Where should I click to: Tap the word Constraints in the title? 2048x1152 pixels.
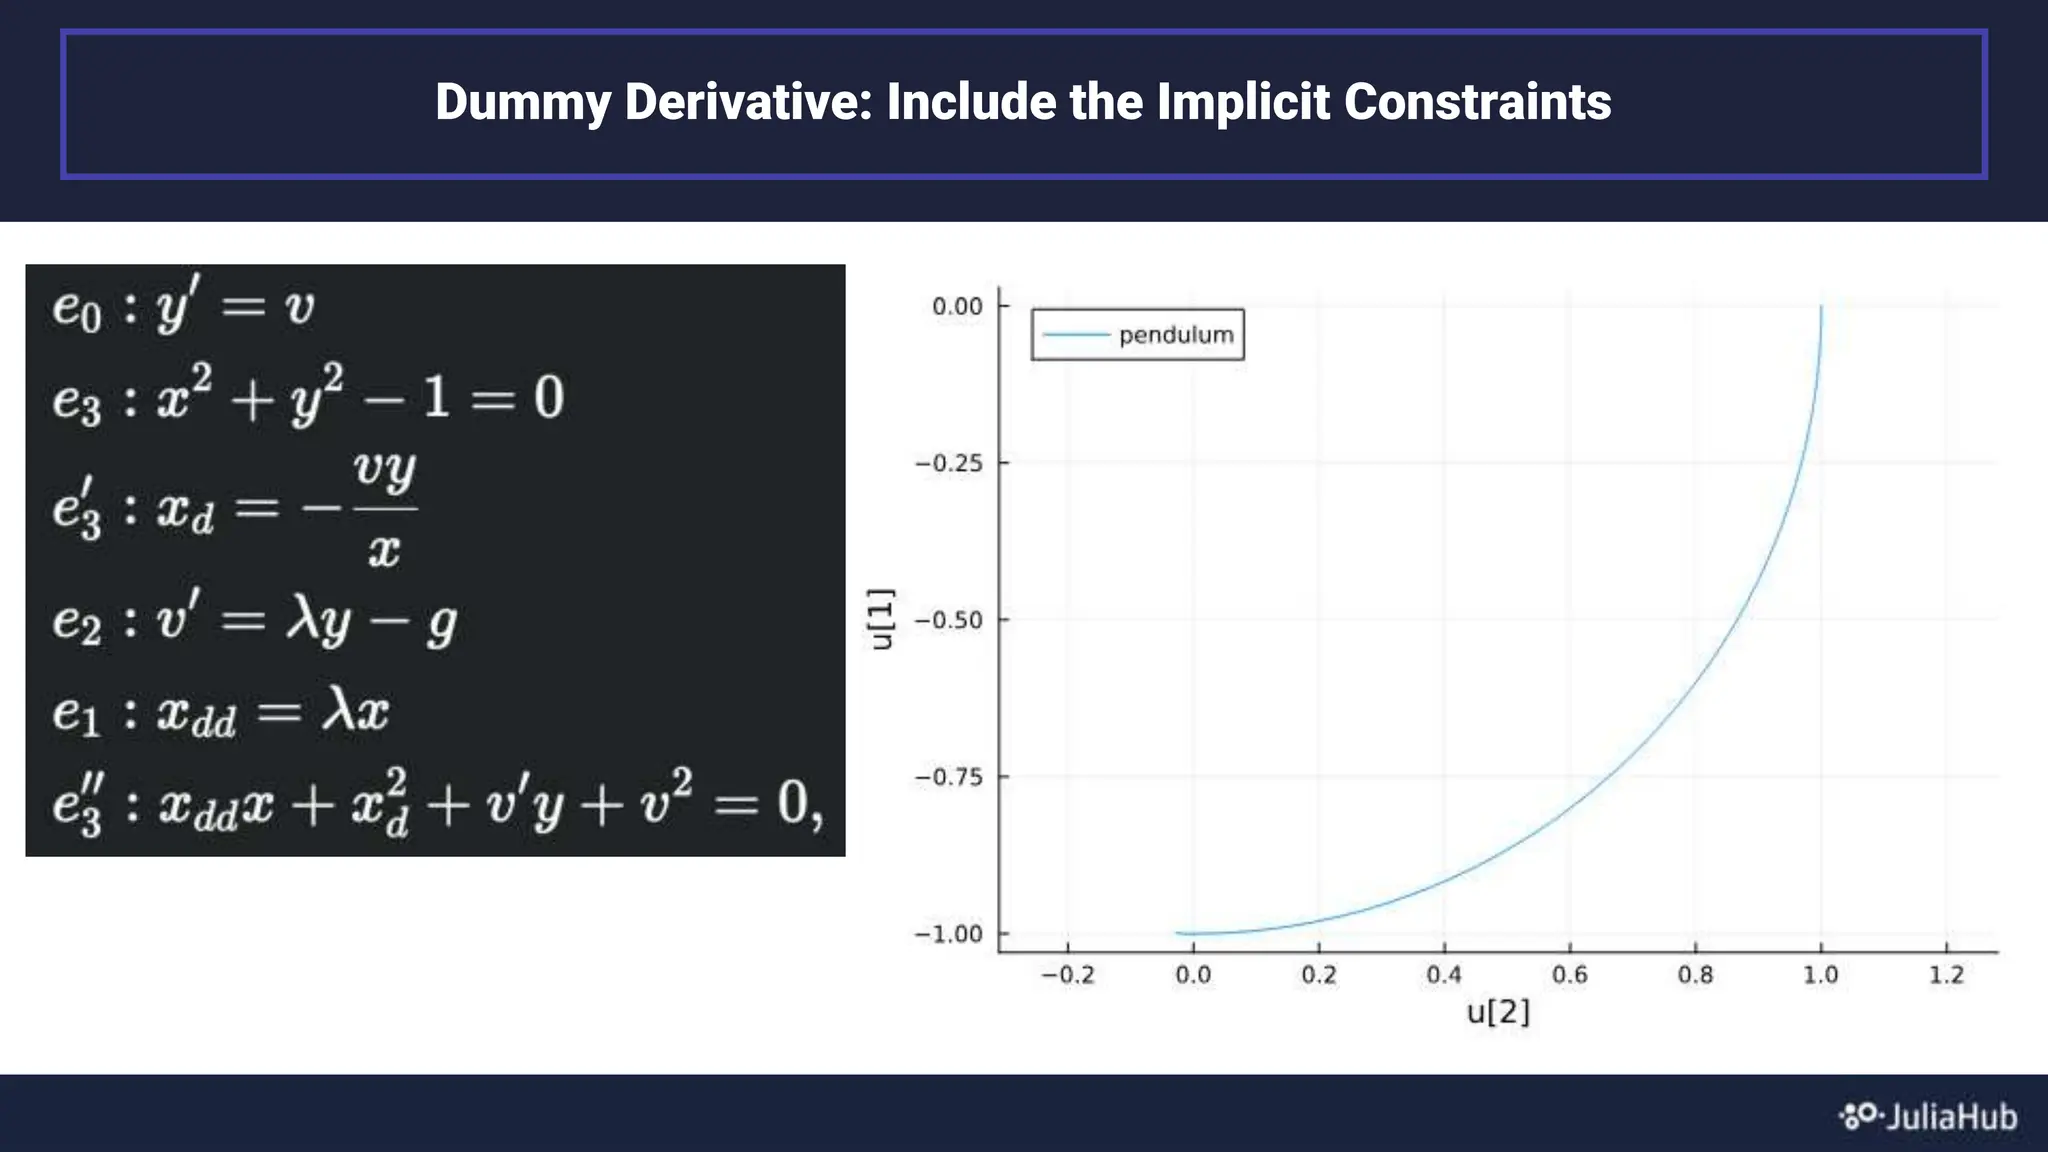pos(1477,103)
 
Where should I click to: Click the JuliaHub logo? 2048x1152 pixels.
pos(1929,1116)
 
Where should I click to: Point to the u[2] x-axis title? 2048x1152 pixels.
pos(1497,1012)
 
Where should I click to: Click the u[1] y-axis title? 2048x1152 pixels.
pos(881,619)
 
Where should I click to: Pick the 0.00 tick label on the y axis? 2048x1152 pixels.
pos(957,306)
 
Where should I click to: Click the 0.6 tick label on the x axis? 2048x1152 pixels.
pos(1569,975)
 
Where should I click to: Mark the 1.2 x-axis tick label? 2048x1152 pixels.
pos(1946,975)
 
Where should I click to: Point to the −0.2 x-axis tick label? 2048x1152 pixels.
pos(1067,975)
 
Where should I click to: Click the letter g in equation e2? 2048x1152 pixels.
pos(441,623)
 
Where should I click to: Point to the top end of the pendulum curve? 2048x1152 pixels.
pos(1821,308)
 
